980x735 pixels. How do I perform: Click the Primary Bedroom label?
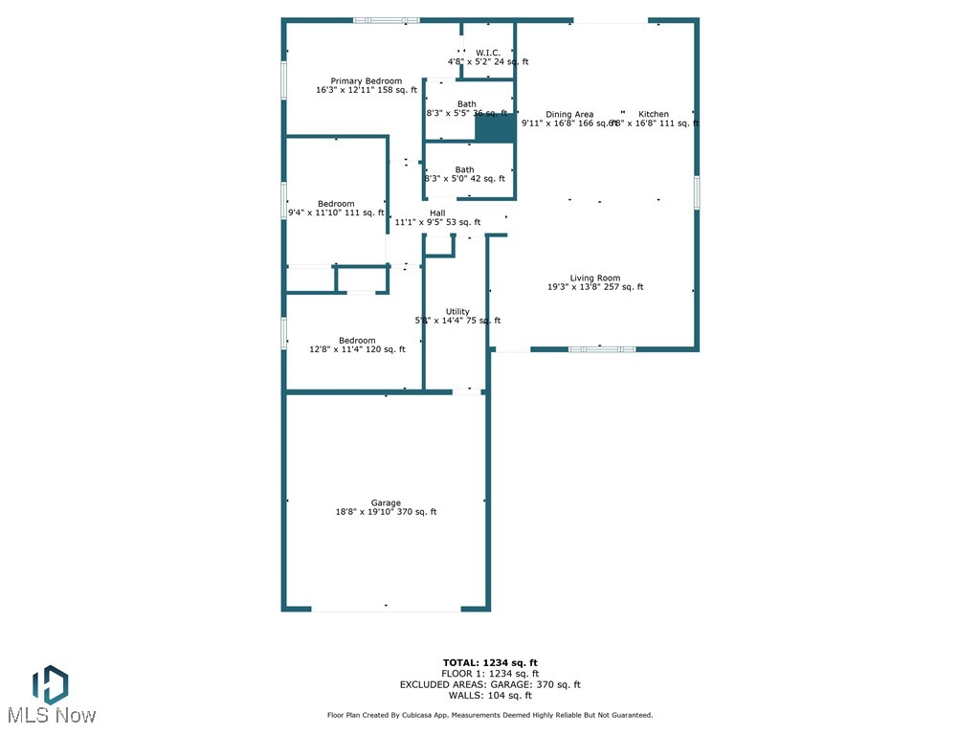367,81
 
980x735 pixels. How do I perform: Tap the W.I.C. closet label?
488,53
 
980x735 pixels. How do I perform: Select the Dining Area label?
569,115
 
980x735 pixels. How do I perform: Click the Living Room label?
595,278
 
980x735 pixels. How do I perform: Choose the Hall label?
437,213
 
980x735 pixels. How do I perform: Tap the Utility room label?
457,312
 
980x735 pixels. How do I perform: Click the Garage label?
386,503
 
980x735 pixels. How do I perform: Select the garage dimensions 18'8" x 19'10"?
386,513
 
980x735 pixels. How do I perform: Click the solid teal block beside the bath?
495,129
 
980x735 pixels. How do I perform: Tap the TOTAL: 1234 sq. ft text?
490,662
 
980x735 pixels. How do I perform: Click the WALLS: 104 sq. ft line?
490,696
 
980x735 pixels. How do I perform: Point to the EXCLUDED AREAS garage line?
490,684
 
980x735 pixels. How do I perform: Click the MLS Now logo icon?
50,684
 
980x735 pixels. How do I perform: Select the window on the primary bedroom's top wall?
387,20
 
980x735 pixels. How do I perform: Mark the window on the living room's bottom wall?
601,349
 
